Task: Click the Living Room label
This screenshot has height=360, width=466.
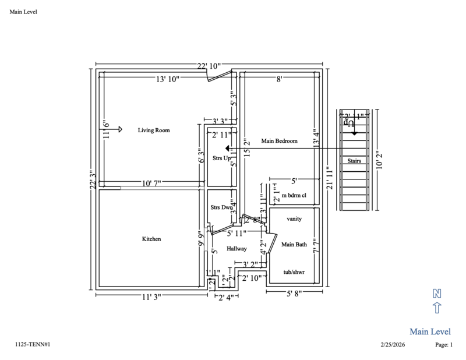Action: click(x=154, y=130)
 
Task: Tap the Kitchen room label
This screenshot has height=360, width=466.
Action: click(x=151, y=239)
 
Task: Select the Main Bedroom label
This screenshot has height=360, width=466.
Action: click(x=280, y=141)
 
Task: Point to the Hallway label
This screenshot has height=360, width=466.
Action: click(x=237, y=249)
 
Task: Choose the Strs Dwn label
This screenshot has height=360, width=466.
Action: click(x=221, y=207)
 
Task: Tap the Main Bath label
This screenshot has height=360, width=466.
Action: click(x=294, y=245)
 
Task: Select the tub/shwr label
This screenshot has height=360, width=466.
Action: click(x=294, y=272)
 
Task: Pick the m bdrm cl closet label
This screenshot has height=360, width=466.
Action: click(x=294, y=195)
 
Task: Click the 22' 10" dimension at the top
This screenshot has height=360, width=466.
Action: click(x=209, y=66)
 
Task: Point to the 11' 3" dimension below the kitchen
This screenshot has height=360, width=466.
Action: click(x=151, y=297)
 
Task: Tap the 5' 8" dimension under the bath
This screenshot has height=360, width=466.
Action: click(x=294, y=294)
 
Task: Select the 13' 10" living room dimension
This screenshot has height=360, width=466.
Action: click(x=167, y=78)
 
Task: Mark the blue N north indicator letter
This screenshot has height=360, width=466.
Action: click(x=436, y=293)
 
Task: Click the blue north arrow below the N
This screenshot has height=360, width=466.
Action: click(x=436, y=308)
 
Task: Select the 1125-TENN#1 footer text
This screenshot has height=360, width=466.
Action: click(x=33, y=345)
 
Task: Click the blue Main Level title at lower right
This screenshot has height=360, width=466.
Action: click(x=430, y=331)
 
